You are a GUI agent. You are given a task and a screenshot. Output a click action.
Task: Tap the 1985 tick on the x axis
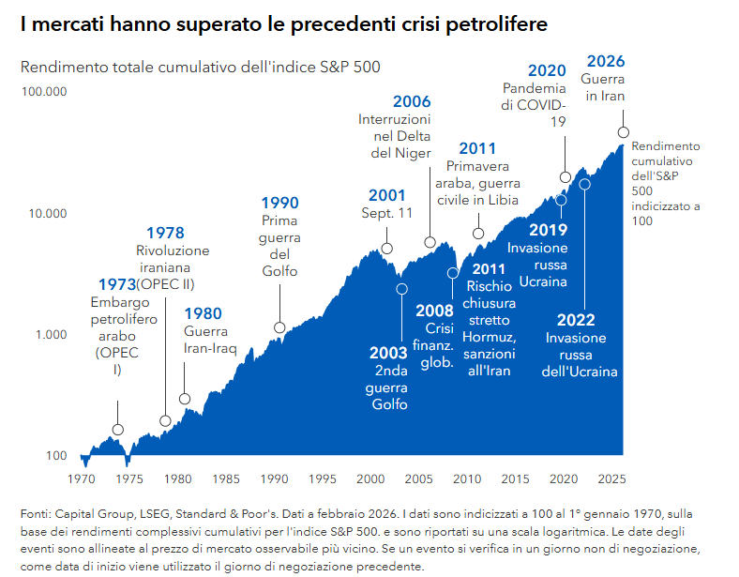pyautogui.click(x=226, y=478)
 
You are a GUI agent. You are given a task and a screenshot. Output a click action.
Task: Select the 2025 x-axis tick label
pyautogui.click(x=611, y=478)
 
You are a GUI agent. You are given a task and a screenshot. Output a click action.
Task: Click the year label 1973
pyautogui.click(x=116, y=284)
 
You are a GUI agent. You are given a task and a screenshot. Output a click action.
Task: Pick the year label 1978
pyautogui.click(x=165, y=234)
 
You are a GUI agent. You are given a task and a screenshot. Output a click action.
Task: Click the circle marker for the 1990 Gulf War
pyautogui.click(x=279, y=327)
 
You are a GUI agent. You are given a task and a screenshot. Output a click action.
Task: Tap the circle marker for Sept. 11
pyautogui.click(x=386, y=249)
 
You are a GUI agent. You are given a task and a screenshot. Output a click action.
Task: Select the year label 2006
pyautogui.click(x=412, y=101)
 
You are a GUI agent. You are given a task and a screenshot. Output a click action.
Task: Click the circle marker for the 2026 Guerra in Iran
pyautogui.click(x=624, y=132)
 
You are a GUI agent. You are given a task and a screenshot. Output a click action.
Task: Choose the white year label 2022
pyautogui.click(x=576, y=320)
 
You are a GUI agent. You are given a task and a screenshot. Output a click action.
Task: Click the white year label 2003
pyautogui.click(x=388, y=353)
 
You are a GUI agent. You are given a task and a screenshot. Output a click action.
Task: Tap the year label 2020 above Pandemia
pyautogui.click(x=547, y=70)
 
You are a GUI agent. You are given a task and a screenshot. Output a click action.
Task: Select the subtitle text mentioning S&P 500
pyautogui.click(x=201, y=68)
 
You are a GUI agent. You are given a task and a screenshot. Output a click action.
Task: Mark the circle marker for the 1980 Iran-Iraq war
pyautogui.click(x=184, y=399)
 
